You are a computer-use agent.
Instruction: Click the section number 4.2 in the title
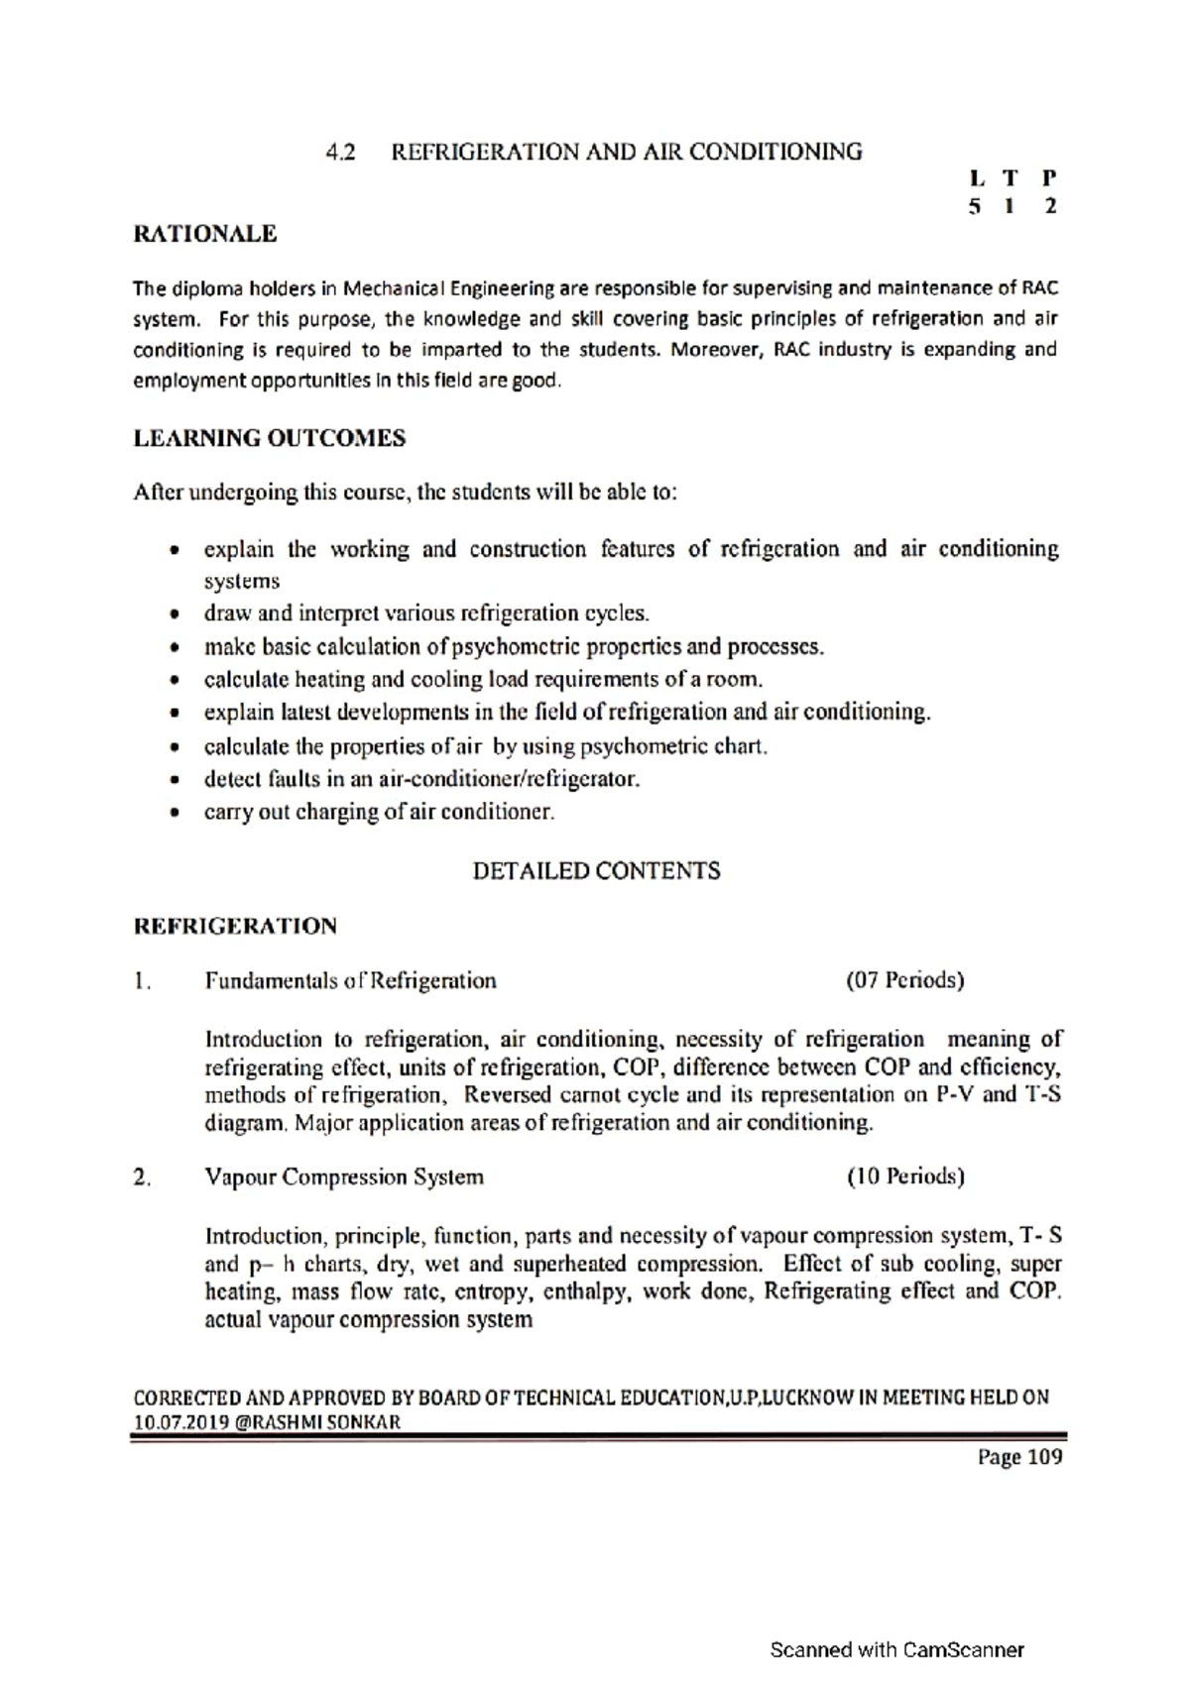pyautogui.click(x=340, y=153)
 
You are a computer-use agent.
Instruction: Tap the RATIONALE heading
pyautogui.click(x=205, y=235)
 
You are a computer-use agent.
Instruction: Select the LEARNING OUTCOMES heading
pyautogui.click(x=269, y=438)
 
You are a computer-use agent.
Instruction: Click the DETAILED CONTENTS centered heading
pyautogui.click(x=596, y=871)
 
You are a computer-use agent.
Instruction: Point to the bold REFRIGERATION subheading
pyautogui.click(x=235, y=927)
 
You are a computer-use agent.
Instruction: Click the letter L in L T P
pyautogui.click(x=978, y=179)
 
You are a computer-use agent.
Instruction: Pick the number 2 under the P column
pyautogui.click(x=1050, y=207)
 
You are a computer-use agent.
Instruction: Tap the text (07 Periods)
pyautogui.click(x=904, y=981)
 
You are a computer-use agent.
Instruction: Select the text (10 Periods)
pyautogui.click(x=904, y=1178)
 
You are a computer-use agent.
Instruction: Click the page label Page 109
pyautogui.click(x=1019, y=1457)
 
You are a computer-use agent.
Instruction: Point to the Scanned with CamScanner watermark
pyautogui.click(x=896, y=1650)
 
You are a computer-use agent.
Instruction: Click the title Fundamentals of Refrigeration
pyautogui.click(x=350, y=981)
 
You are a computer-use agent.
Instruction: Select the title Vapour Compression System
pyautogui.click(x=344, y=1178)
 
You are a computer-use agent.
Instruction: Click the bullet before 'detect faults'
pyautogui.click(x=176, y=780)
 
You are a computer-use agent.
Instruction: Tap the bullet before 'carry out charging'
pyautogui.click(x=176, y=814)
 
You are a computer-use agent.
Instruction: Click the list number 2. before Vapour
pyautogui.click(x=142, y=1178)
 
